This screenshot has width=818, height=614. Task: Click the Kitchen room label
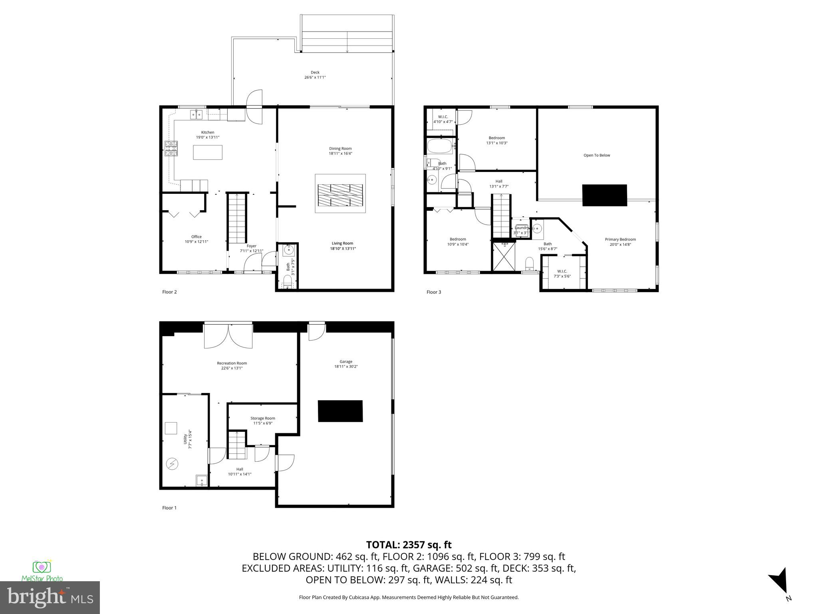(207, 132)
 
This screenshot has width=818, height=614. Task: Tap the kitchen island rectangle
(208, 152)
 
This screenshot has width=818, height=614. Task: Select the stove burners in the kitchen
(171, 149)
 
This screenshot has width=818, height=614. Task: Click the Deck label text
(315, 72)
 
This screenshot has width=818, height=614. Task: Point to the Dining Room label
(340, 148)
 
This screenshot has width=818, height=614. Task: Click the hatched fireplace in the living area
(340, 195)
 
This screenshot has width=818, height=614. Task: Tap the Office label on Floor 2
(196, 237)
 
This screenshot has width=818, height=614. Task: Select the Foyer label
(251, 246)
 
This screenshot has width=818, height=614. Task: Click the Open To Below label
(597, 155)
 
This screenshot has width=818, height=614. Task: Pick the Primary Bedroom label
(620, 239)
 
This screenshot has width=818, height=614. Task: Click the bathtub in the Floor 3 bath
(440, 146)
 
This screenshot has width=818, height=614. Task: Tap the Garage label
(346, 361)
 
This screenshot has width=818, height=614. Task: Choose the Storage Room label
(263, 418)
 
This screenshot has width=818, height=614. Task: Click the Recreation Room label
(232, 363)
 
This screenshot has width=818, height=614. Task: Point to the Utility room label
(185, 439)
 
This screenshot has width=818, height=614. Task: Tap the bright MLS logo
(50, 597)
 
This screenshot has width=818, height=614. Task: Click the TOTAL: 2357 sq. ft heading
(409, 544)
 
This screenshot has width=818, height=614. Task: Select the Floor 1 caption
(169, 508)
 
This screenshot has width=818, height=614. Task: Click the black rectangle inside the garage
(340, 411)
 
